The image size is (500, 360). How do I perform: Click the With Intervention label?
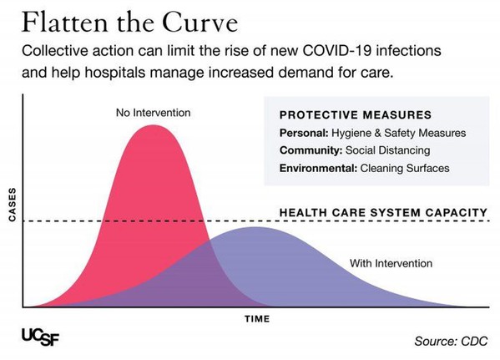tap(391, 263)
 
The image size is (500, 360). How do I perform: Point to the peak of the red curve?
tap(154, 126)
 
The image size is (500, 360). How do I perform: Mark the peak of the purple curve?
tap(255, 227)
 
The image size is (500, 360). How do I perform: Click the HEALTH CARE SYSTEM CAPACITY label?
tap(382, 212)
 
